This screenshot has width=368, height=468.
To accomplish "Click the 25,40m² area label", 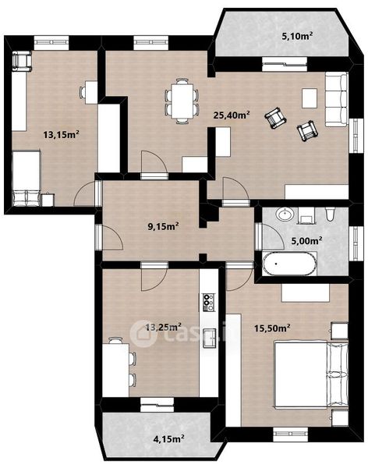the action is coord(232,115).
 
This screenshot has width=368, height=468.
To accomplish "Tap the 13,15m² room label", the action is coord(61,135).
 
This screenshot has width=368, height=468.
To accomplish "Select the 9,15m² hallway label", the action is coord(163,226).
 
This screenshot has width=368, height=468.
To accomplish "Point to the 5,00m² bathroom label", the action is coord(307,240).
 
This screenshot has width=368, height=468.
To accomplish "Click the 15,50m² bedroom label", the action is coord(273,328).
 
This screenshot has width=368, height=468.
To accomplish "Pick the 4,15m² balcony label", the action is coord(168,439).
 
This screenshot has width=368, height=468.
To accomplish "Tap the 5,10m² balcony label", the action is coord(297,37).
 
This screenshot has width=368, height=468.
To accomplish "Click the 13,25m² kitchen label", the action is coord(163,328).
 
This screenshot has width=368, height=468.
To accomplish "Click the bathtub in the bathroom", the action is coord(289,264).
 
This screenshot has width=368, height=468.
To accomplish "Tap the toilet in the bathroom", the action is coord(330,214).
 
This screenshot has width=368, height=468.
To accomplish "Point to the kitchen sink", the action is coord(210,339).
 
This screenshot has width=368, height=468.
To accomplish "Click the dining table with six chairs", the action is coord(182,101).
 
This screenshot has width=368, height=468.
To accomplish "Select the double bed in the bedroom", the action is coord(311,374).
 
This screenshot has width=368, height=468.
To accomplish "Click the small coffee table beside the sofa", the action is coord(310,97).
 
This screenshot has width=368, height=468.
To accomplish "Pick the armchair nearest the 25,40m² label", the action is coord(275,119).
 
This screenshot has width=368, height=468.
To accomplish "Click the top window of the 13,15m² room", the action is coord(51,43).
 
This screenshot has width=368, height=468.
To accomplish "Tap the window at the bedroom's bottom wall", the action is coord(290,434).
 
